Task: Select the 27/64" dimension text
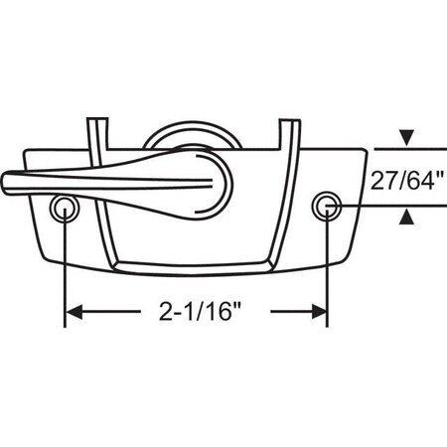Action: [407, 180]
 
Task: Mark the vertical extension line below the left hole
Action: [66, 268]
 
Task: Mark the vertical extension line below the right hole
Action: [327, 268]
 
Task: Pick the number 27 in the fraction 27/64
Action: [383, 180]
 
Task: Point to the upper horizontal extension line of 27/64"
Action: [407, 148]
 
